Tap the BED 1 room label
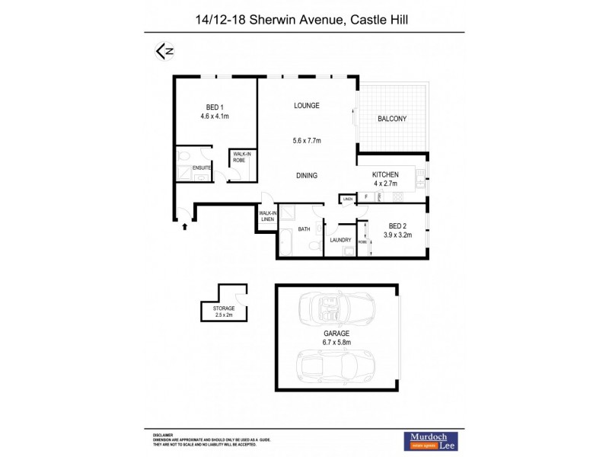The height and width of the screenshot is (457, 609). [215, 107]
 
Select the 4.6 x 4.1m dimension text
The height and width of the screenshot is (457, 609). [215, 117]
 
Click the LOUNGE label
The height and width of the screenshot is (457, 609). [307, 105]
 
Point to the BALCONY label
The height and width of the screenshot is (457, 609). [392, 119]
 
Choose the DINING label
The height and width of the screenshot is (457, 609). [307, 176]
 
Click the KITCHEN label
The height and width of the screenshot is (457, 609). [385, 174]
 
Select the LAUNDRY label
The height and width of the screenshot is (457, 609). [340, 240]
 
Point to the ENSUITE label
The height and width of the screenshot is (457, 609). [202, 168]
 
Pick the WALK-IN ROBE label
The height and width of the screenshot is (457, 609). [242, 158]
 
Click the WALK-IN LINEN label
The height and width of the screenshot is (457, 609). [267, 216]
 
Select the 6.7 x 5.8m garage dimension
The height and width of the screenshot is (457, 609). [336, 343]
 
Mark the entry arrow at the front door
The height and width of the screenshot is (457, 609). [183, 225]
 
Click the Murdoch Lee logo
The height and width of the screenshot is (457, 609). [432, 440]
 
